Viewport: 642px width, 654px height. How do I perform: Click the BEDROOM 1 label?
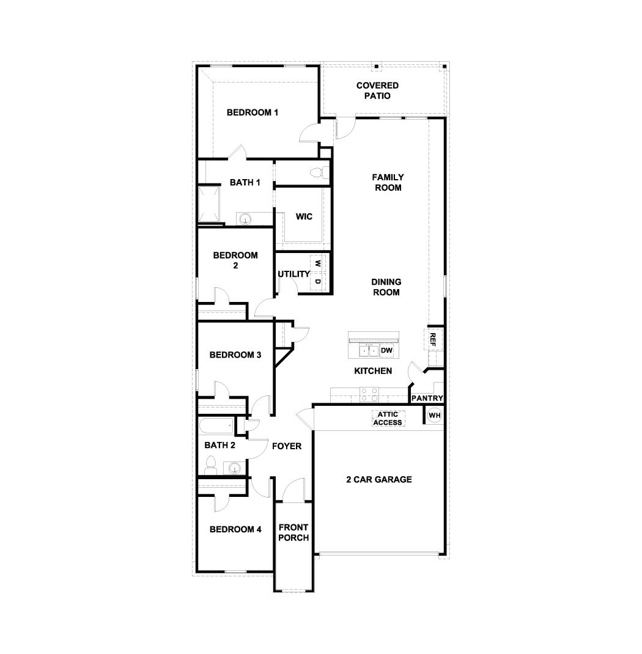click(253, 112)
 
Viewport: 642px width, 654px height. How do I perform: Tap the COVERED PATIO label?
click(377, 90)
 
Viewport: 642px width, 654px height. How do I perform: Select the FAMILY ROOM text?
click(388, 182)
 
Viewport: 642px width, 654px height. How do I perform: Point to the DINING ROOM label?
click(386, 287)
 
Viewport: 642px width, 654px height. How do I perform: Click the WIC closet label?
click(304, 216)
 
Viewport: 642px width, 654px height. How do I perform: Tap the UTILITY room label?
click(293, 274)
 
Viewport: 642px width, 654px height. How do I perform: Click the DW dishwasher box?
click(386, 350)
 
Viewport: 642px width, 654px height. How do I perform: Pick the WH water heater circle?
click(434, 416)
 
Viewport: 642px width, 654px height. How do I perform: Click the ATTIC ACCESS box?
click(388, 419)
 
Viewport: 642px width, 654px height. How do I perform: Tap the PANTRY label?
click(427, 398)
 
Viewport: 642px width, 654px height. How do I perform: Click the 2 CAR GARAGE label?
click(378, 479)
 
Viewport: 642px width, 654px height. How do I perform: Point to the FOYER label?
click(287, 446)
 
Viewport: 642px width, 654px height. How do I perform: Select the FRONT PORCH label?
click(293, 532)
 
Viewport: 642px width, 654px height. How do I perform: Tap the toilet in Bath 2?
click(210, 466)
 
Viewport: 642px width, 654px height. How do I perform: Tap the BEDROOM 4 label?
click(235, 529)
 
